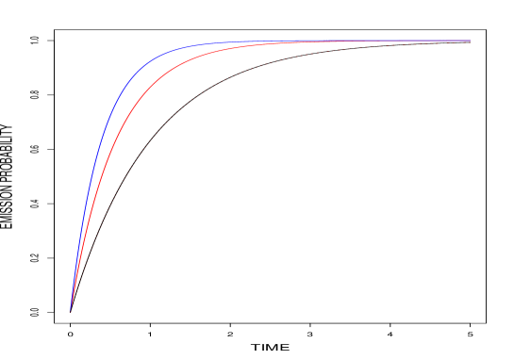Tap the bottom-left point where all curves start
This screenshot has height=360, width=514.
point(71,309)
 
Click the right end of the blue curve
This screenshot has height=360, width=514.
point(470,41)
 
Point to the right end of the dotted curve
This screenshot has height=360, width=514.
point(470,42)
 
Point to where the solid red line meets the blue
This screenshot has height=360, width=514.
point(302,41)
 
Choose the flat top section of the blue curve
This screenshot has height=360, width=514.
point(283,41)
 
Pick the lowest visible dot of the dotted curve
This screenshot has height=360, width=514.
point(73,303)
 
